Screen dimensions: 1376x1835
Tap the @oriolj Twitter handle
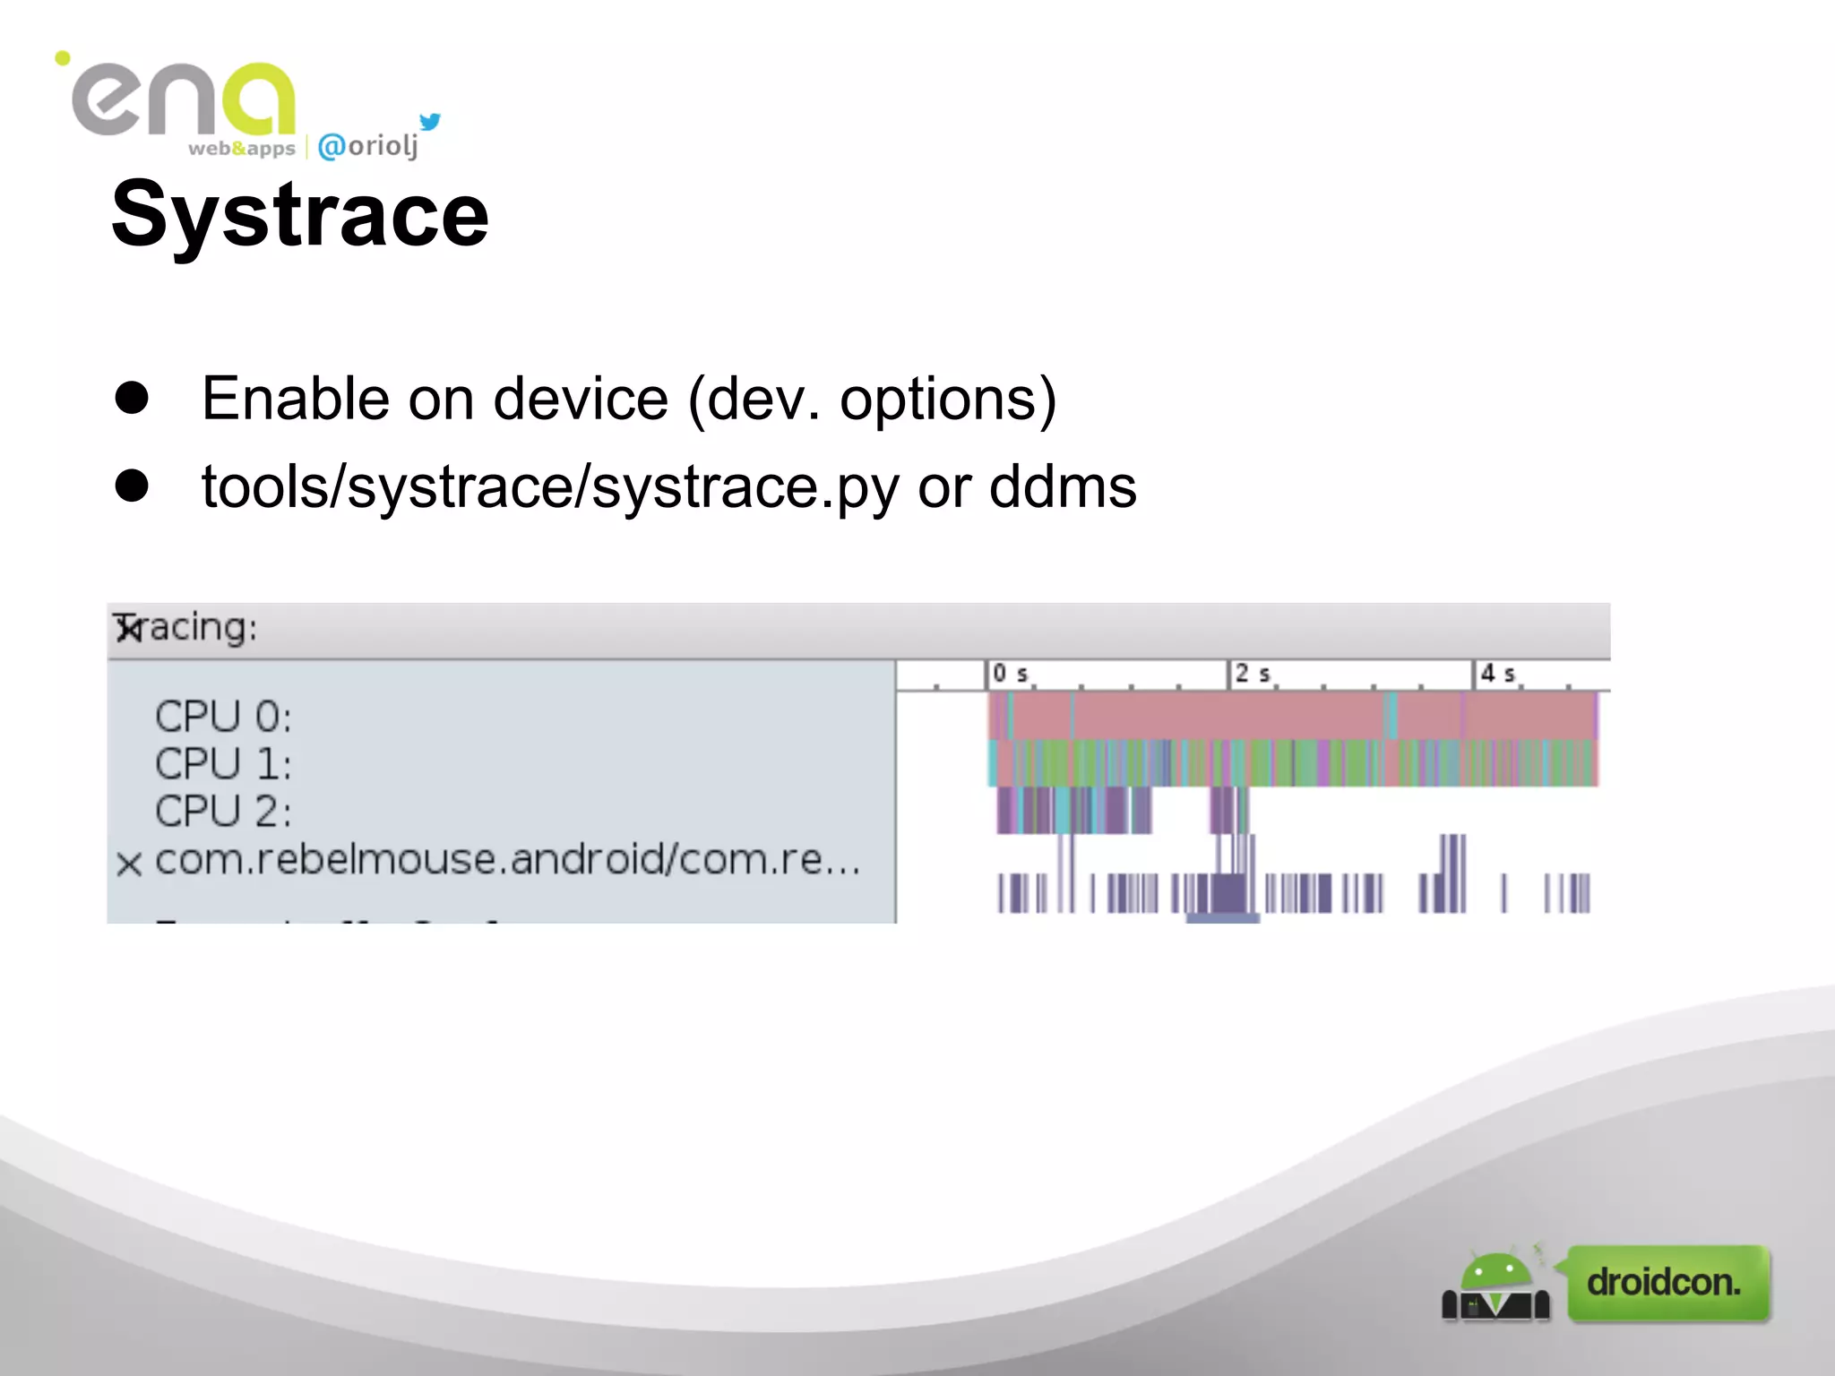pyautogui.click(x=368, y=146)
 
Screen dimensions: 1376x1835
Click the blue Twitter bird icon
pyautogui.click(x=430, y=122)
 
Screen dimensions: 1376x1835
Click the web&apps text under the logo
pyautogui.click(x=241, y=149)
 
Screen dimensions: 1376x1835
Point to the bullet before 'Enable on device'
pyautogui.click(x=132, y=398)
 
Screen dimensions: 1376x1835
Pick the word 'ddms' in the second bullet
pyautogui.click(x=1063, y=487)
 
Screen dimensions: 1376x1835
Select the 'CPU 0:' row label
pyautogui.click(x=223, y=717)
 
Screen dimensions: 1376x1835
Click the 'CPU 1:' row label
pyautogui.click(x=223, y=764)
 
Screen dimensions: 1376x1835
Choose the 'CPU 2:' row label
pyautogui.click(x=223, y=812)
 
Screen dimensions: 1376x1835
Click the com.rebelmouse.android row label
pyautogui.click(x=507, y=860)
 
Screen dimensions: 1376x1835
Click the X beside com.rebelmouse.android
pyautogui.click(x=129, y=864)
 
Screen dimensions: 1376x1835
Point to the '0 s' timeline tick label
pyautogui.click(x=1010, y=674)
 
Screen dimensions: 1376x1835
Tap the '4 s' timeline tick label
pyautogui.click(x=1497, y=674)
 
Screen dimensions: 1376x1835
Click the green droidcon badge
pyautogui.click(x=1667, y=1283)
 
